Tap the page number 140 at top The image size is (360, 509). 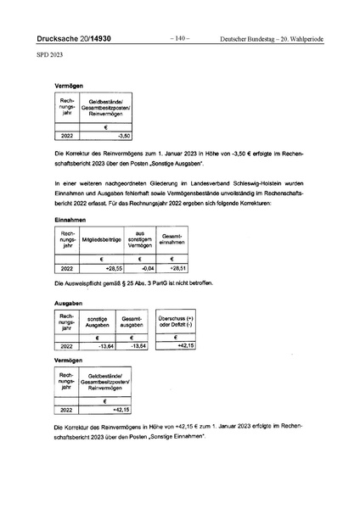coord(179,39)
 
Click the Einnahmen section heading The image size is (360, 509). coord(70,219)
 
